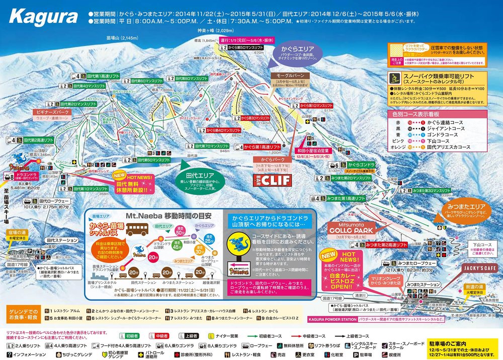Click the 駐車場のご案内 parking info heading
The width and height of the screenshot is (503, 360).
[x=448, y=340]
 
